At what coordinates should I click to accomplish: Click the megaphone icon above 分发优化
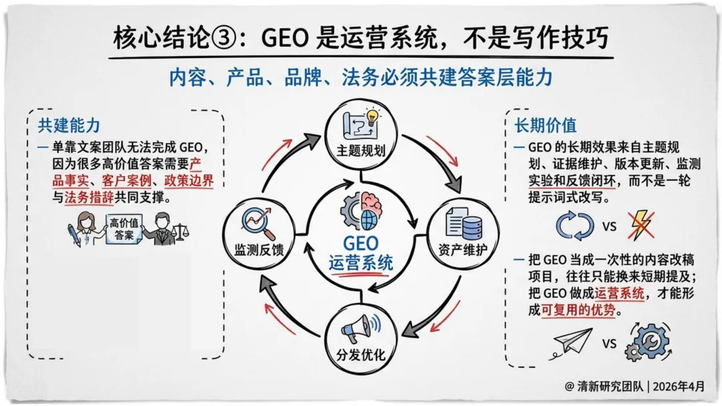(x=358, y=329)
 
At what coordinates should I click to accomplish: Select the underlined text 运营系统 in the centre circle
(x=361, y=263)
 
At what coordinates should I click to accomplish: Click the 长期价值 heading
(x=545, y=126)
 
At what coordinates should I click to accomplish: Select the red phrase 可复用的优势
(x=580, y=311)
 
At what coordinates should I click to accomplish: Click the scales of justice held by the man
(x=178, y=230)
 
